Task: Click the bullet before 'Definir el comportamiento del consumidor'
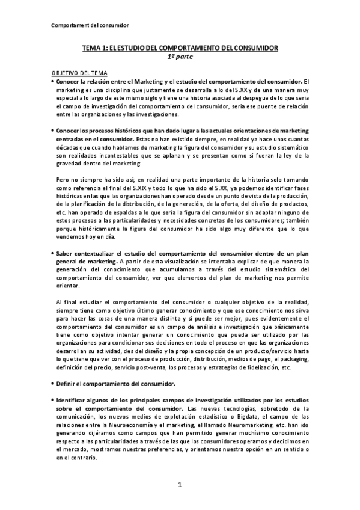(x=53, y=383)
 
